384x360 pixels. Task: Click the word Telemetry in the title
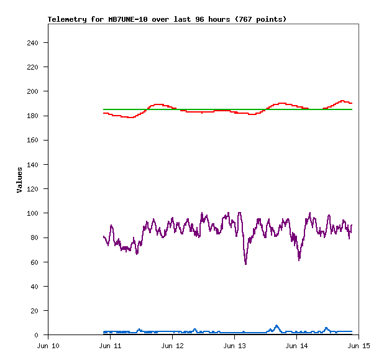(67, 19)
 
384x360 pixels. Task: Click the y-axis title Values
(19, 179)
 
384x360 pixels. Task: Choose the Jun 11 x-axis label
(110, 345)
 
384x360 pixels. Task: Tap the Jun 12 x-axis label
(172, 345)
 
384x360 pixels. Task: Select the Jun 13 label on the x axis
(234, 345)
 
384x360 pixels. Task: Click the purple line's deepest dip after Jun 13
(246, 264)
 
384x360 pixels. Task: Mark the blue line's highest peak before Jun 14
(277, 325)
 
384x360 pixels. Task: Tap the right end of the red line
(352, 103)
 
